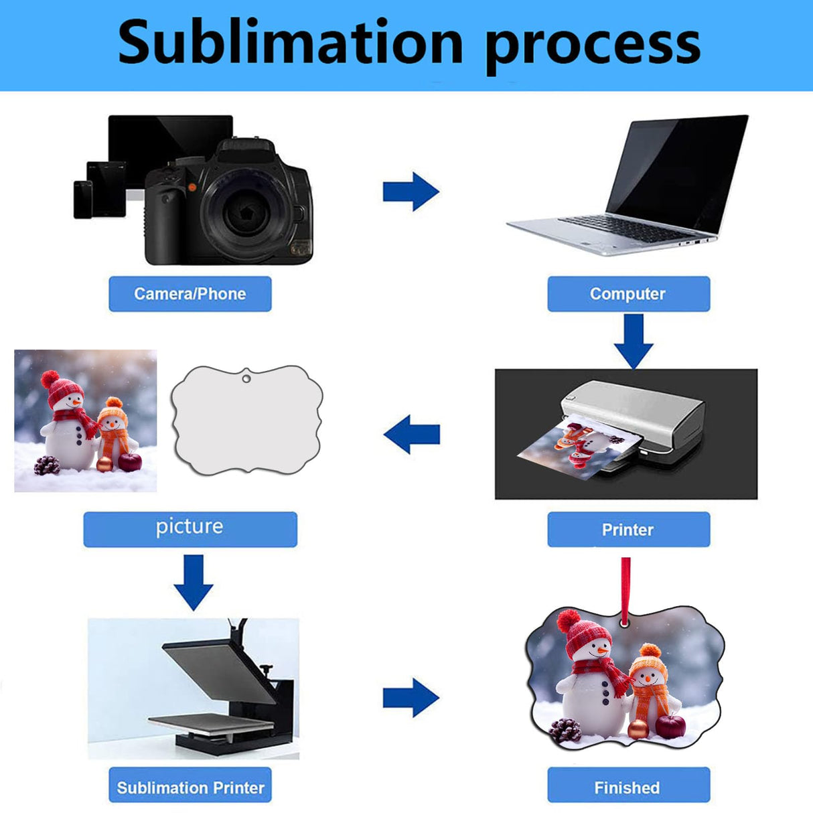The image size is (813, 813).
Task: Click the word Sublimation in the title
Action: (290, 43)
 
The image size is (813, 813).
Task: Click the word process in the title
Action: (592, 44)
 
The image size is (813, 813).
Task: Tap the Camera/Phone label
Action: (190, 294)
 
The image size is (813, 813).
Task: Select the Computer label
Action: (628, 294)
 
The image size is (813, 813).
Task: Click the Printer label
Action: (628, 530)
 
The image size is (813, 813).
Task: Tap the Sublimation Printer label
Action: (190, 787)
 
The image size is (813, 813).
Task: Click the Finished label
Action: (628, 787)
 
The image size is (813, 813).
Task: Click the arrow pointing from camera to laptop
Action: (411, 192)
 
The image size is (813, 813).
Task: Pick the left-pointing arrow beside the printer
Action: (412, 434)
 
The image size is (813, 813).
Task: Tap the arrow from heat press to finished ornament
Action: (411, 698)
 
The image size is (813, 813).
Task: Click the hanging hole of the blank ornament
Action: (246, 379)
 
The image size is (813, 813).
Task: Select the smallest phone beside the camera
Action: (83, 200)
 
